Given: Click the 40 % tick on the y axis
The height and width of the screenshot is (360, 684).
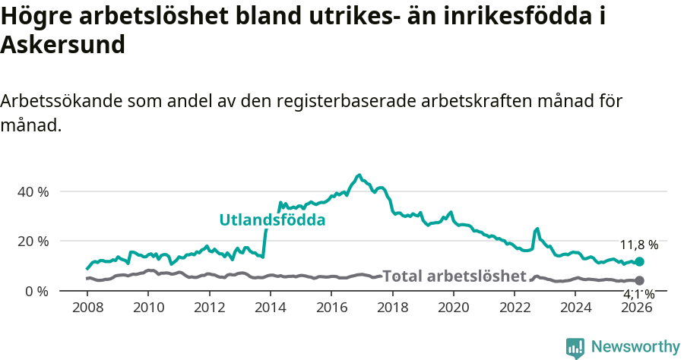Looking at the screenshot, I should tap(33, 191).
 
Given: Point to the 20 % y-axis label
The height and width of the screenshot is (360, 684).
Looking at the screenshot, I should tap(33, 241).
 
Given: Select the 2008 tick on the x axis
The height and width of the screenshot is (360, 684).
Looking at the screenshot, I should tap(87, 307).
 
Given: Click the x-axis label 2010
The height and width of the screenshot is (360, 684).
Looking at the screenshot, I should tap(148, 307).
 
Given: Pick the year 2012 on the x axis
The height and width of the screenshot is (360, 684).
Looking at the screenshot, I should tap(210, 307).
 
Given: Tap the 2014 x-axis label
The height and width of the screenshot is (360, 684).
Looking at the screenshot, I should tap(271, 307).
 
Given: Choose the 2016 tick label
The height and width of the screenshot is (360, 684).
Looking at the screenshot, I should tap(331, 307).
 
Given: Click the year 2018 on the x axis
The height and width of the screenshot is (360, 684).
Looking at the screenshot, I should tap(393, 307).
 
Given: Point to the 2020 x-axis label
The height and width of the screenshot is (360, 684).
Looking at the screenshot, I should tap(454, 307).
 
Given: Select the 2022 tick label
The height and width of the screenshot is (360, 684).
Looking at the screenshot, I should tap(515, 307).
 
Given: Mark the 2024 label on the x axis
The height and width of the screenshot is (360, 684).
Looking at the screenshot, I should tap(576, 307).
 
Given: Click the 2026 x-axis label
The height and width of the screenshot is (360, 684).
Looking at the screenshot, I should tap(637, 307).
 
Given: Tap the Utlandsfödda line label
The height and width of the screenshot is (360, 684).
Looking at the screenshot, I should tap(272, 220).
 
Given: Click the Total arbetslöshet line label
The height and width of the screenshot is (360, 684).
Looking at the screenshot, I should tap(454, 276).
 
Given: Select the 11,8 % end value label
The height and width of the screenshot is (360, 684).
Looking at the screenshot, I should tap(639, 245).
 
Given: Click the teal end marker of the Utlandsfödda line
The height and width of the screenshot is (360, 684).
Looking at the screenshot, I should tap(639, 262).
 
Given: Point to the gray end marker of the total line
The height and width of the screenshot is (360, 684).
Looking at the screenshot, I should tap(639, 281).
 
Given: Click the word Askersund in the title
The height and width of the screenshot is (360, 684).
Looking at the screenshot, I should tap(62, 45).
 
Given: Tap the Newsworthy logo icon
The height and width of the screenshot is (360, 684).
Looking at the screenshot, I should tap(575, 348).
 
